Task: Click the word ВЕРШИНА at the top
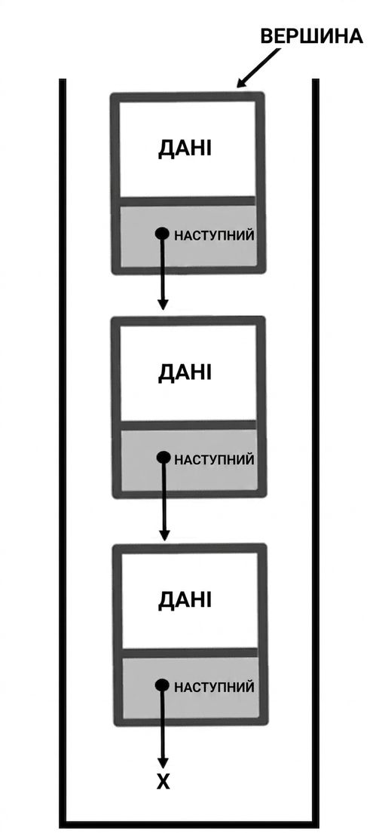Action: point(312,36)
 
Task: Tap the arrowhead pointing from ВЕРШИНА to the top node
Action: point(242,81)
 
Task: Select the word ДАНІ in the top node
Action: point(184,149)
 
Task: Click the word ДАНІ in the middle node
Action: point(184,373)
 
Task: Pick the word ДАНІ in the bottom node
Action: point(184,600)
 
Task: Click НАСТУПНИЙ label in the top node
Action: point(215,236)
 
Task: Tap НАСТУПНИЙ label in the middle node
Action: point(215,460)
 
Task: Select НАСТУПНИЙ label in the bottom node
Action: point(215,687)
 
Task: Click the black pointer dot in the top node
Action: point(162,233)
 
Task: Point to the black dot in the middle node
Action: point(164,458)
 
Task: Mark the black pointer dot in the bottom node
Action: point(162,684)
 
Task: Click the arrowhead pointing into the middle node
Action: point(163,305)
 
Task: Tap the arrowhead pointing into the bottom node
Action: point(164,534)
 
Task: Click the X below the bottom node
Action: point(163,782)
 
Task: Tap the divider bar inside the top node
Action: point(188,201)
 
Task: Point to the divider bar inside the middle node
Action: point(189,425)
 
